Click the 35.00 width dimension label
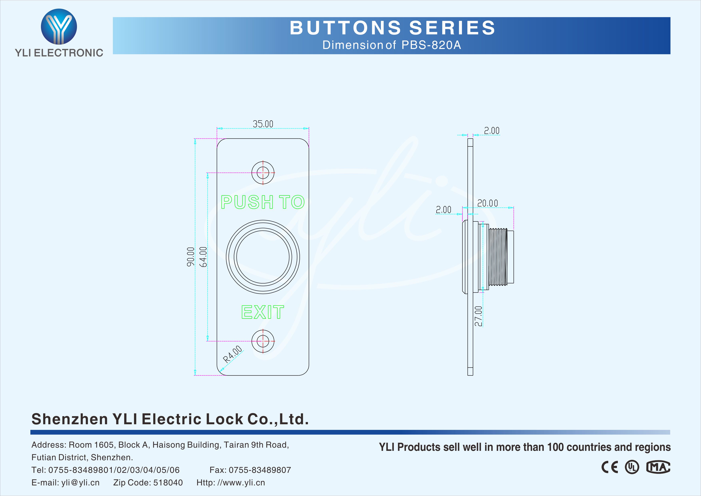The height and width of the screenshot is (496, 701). coord(263,124)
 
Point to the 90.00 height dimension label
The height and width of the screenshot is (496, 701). coord(190,257)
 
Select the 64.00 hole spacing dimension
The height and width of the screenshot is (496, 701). coord(203,257)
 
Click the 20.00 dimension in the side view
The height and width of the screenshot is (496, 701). coord(488,203)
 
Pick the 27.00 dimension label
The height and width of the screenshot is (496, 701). coord(478,316)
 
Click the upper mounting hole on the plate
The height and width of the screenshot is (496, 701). coord(263,173)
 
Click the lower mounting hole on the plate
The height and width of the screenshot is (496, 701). coord(263,341)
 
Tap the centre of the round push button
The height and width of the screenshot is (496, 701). coord(263,257)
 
